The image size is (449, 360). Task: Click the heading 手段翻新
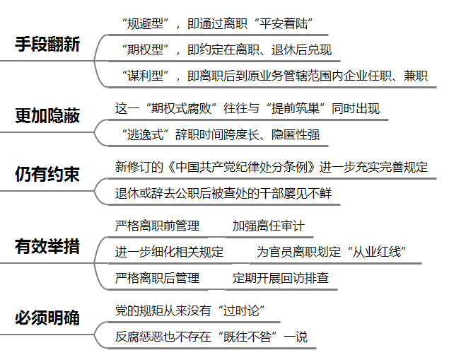[x=47, y=45]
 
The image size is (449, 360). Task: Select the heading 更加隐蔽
[x=47, y=116]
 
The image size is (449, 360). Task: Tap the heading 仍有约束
[x=47, y=174]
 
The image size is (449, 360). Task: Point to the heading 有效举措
[x=47, y=246]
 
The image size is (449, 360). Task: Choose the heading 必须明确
[x=47, y=318]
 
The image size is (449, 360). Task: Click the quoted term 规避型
[x=145, y=24]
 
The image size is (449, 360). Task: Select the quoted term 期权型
[x=145, y=50]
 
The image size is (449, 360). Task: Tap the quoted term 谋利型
[x=145, y=76]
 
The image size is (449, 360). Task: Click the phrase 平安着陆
[x=284, y=24]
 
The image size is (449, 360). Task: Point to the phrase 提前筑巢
[x=296, y=108]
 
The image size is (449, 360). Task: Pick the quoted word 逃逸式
[x=145, y=134]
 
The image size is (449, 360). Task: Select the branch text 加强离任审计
[x=268, y=226]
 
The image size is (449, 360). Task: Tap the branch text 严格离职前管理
[x=157, y=226]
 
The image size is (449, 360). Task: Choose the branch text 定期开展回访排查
[x=280, y=278]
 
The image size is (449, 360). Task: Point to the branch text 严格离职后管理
[x=157, y=278]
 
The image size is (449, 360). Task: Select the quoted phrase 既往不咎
[x=247, y=337]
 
